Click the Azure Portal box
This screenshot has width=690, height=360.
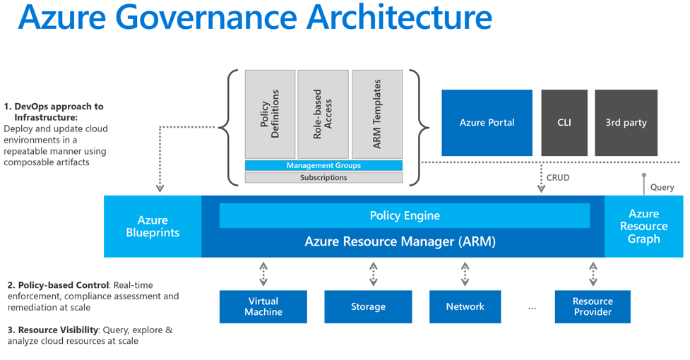click(487, 122)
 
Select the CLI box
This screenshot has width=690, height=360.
click(564, 122)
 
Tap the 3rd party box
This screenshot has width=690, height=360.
click(626, 122)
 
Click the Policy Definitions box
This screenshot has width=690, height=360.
click(270, 114)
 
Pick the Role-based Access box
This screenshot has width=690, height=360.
click(323, 114)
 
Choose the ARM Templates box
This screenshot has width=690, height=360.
click(377, 114)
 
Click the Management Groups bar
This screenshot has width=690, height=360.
click(323, 165)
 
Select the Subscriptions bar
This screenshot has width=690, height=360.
click(323, 178)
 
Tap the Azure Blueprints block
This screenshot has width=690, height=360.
click(153, 227)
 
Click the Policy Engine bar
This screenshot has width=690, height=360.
click(405, 216)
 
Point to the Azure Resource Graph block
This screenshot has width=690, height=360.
click(643, 226)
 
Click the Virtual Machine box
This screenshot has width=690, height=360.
click(263, 306)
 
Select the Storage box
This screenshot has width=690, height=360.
click(368, 306)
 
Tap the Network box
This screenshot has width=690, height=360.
click(465, 306)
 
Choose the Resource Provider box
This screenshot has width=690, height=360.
click(593, 306)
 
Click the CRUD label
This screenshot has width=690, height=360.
click(558, 178)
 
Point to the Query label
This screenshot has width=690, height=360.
click(662, 187)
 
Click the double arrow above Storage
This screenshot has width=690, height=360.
click(373, 273)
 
